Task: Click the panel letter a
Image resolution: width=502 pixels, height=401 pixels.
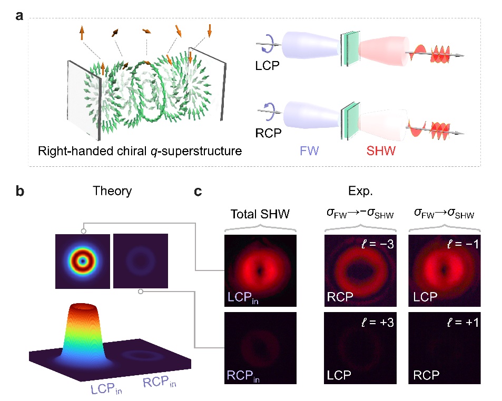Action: click(19, 16)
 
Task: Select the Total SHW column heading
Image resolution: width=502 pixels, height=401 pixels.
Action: click(261, 215)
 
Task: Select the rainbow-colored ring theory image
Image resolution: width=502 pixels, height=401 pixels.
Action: click(82, 260)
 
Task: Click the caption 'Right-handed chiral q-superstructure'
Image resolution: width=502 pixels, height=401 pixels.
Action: click(140, 152)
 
